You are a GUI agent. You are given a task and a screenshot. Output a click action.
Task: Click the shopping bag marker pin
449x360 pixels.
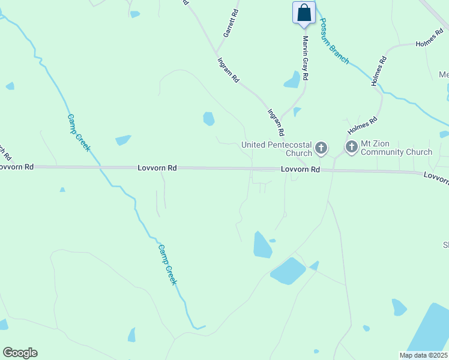(304, 13)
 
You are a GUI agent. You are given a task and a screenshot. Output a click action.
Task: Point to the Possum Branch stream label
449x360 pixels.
(333, 40)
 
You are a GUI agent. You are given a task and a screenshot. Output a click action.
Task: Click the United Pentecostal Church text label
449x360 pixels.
(277, 148)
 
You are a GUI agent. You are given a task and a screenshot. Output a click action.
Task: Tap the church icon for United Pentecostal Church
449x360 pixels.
(322, 148)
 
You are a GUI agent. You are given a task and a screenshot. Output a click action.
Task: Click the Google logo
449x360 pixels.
(20, 352)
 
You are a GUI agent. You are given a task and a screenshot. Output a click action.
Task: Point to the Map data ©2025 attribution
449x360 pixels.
(423, 355)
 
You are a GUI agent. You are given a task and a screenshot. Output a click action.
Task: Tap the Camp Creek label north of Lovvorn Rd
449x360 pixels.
(79, 133)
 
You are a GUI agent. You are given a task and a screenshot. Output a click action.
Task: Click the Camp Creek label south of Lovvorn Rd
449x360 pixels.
(167, 264)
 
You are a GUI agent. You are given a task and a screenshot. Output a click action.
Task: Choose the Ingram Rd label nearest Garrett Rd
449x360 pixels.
(229, 70)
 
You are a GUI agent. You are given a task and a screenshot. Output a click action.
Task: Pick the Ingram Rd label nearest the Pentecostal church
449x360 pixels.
(276, 122)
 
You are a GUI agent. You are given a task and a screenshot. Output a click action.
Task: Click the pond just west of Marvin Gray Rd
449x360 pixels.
(292, 80)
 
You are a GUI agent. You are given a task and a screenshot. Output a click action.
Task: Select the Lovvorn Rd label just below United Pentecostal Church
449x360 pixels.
(301, 170)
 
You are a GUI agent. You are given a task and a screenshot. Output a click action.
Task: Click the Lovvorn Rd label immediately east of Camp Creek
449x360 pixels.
(157, 169)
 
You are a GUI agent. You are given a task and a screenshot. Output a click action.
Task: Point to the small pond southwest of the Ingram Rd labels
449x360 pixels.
(208, 119)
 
